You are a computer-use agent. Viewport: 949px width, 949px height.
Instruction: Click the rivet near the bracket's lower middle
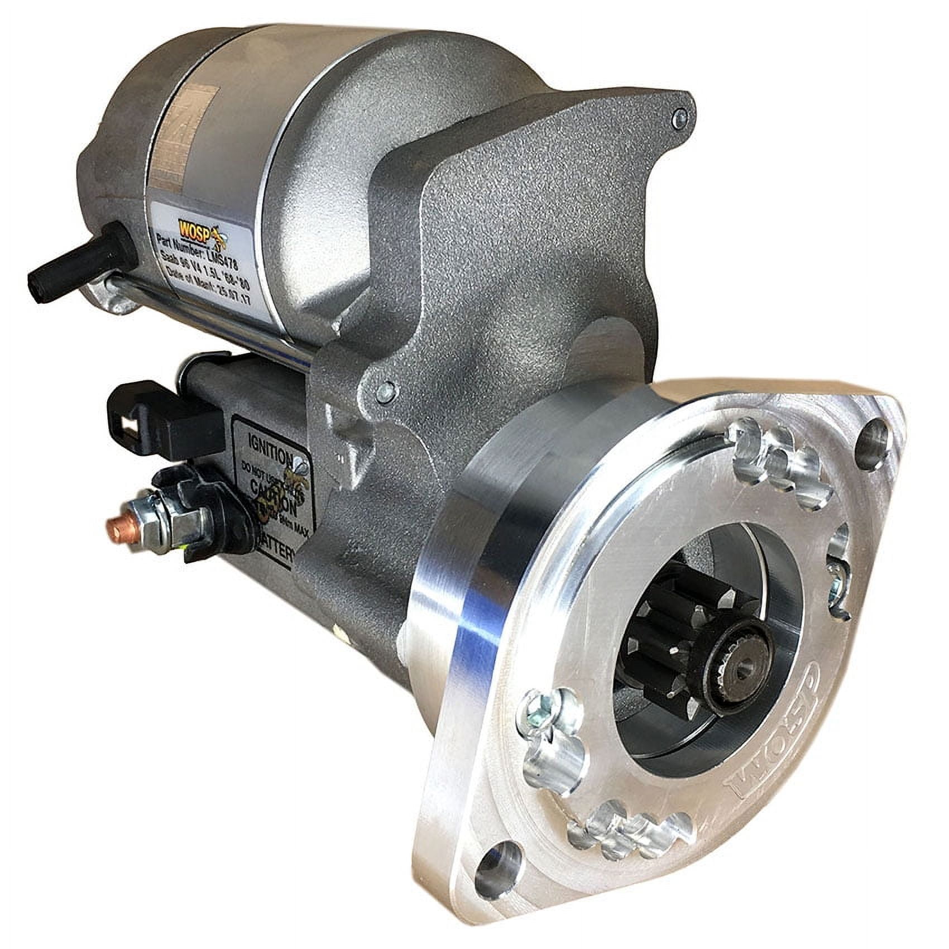(384, 392)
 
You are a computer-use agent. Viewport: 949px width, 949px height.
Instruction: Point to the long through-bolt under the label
(212, 318)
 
